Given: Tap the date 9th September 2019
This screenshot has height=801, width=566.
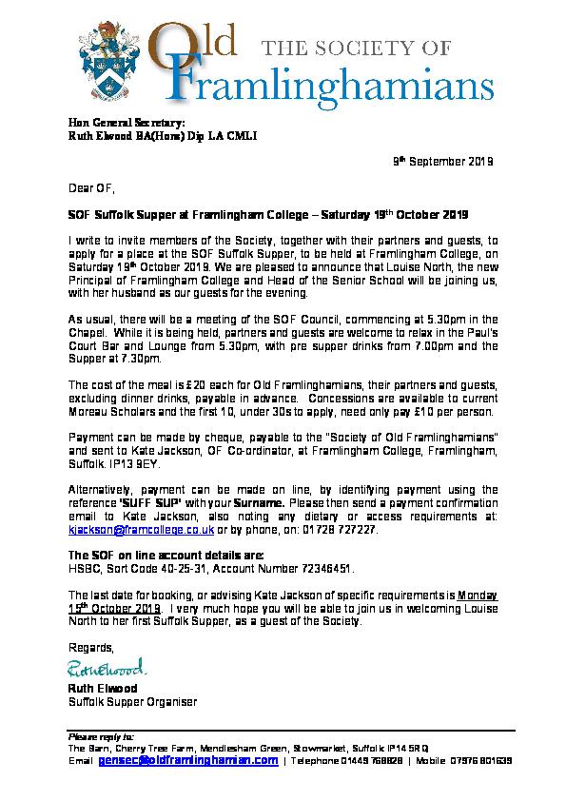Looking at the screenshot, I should coord(443,163).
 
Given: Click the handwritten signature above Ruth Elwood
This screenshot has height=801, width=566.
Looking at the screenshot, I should coord(106,666).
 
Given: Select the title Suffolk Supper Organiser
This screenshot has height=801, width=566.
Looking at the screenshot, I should coord(132,702).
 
